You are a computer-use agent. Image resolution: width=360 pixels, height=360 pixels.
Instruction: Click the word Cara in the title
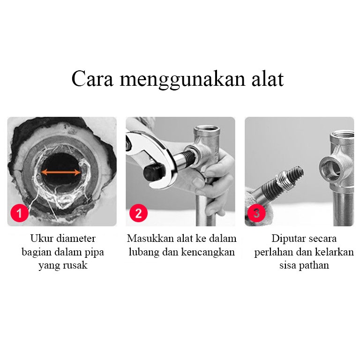tap(92, 79)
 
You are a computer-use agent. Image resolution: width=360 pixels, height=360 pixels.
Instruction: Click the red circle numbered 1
tap(20, 213)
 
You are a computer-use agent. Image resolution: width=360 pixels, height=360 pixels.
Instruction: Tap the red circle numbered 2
tap(138, 213)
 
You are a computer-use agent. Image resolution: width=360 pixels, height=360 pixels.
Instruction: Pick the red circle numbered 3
tap(256, 213)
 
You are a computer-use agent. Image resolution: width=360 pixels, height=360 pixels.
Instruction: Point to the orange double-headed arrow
tap(61, 172)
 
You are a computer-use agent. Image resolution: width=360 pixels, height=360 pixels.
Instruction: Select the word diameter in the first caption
tap(76, 238)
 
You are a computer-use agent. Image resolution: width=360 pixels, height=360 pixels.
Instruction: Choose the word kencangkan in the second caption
tap(208, 252)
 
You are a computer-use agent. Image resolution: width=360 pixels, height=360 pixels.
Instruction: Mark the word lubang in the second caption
tap(144, 253)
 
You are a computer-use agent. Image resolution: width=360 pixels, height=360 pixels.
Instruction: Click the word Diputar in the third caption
tap(287, 239)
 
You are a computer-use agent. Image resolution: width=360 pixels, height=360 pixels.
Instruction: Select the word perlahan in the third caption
tap(273, 253)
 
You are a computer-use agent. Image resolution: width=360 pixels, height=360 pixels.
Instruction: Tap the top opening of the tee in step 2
tap(207, 128)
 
